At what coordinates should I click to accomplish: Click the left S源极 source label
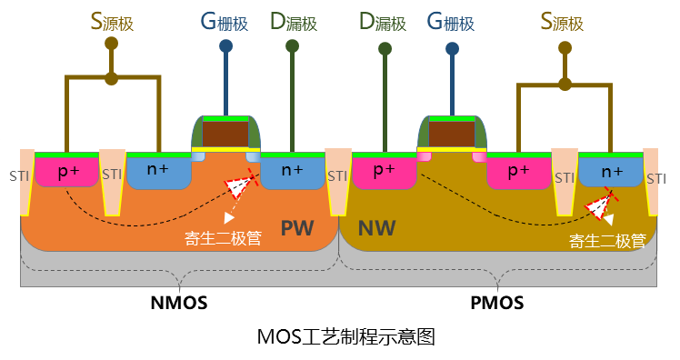[111, 22]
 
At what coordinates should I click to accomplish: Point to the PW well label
[297, 227]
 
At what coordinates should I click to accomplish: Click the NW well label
[377, 227]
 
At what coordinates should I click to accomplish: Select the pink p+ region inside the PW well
[66, 172]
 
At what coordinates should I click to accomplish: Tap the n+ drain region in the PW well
[292, 171]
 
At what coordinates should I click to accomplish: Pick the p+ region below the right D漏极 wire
[384, 171]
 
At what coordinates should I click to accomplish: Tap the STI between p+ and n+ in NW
[564, 178]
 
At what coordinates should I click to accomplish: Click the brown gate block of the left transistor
[225, 134]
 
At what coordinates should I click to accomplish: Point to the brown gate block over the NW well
[451, 134]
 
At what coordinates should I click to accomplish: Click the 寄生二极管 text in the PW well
[223, 238]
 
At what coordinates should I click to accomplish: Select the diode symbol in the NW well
[599, 206]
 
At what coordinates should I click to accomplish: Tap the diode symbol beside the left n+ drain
[239, 185]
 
